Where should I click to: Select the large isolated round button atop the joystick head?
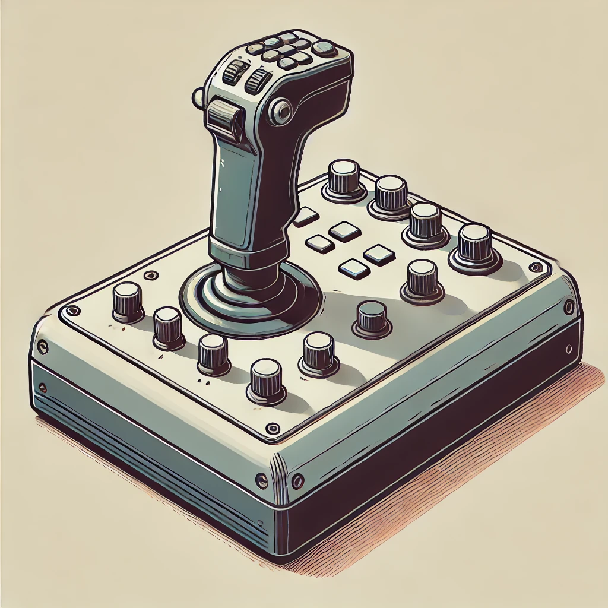(324, 47)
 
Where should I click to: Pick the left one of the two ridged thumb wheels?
(235, 72)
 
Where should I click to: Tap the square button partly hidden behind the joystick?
(305, 217)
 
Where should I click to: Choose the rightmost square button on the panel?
(379, 255)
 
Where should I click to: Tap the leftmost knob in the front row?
(127, 301)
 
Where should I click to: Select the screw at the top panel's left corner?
(72, 311)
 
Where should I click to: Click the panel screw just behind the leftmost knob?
(150, 275)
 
